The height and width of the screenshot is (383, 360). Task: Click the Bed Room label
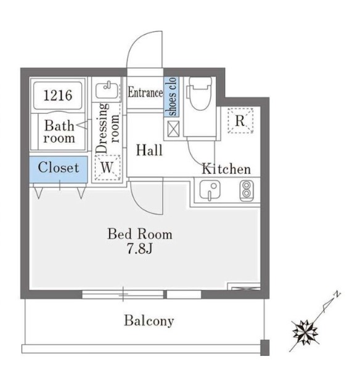pos(140,234)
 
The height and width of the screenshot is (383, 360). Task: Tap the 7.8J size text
pos(140,249)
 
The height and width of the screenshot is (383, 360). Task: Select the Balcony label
pos(149,321)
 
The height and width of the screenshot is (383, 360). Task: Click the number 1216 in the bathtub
pos(58,95)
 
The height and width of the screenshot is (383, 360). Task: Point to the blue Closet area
pos(59,169)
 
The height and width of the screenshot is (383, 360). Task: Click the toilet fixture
pos(200,94)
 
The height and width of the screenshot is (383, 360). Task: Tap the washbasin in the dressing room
pos(107,91)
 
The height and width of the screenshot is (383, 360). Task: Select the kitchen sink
pos(210,190)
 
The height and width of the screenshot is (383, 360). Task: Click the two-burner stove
pos(247,191)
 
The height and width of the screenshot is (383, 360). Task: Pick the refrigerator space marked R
pos(240,121)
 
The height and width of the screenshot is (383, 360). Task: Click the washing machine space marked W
pos(107,167)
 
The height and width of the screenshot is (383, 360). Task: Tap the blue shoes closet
pos(171,97)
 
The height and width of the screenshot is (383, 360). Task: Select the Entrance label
pos(145,92)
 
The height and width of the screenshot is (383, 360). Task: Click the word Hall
pos(149,150)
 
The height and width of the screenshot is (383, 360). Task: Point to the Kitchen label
pos(226,169)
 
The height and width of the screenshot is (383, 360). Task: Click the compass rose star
pos(305,333)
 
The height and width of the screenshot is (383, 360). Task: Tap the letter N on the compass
pos(337,294)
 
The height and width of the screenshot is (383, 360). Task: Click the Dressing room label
pos(108,129)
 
